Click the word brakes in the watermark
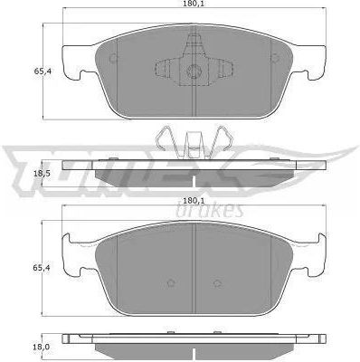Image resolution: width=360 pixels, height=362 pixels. point(209,210)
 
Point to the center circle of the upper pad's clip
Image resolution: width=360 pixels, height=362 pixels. point(194,71)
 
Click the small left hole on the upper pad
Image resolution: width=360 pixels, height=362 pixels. point(114,58)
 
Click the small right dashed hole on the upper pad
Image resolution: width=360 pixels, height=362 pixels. point(276,58)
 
